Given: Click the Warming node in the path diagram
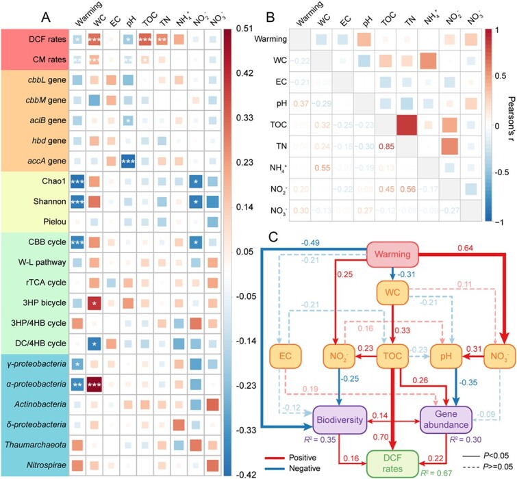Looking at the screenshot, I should point(392,255).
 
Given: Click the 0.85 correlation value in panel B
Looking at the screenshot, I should point(375,144).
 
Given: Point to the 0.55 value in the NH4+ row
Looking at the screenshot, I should point(323,166).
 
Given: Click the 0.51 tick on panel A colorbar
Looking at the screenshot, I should point(243,29).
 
